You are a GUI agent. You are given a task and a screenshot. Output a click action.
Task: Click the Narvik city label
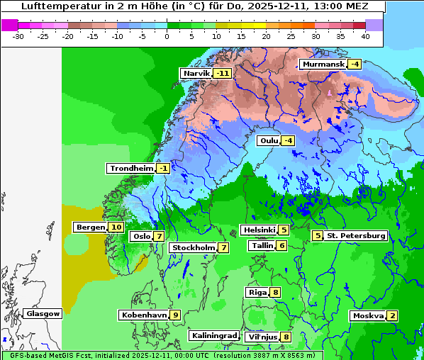[x=197, y=73]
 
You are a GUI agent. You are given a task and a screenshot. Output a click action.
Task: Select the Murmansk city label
[x=323, y=64]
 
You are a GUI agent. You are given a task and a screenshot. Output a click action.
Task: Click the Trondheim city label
[x=131, y=168]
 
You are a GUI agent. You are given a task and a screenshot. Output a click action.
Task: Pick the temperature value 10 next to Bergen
[x=116, y=227]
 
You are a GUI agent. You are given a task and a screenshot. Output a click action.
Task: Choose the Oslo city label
[x=142, y=236]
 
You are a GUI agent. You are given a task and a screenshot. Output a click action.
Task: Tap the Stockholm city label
[x=193, y=247]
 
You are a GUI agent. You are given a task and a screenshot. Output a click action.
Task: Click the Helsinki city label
[x=259, y=230]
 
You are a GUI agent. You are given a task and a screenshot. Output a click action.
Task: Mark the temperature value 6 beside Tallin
[x=281, y=245]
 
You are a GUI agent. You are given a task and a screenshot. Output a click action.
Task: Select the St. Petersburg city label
[x=356, y=235]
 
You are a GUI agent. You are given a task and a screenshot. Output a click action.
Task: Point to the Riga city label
[x=257, y=292]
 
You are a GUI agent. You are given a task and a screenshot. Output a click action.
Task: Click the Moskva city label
[x=368, y=315]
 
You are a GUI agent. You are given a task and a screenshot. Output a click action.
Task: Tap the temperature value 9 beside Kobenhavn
[x=175, y=315]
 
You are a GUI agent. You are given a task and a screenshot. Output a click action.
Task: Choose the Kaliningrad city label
[x=214, y=335]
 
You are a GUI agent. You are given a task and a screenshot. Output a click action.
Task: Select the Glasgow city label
[x=43, y=313]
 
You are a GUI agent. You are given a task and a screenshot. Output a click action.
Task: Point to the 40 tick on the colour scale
[x=365, y=35]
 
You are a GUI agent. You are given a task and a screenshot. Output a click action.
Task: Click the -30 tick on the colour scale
[x=18, y=35]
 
